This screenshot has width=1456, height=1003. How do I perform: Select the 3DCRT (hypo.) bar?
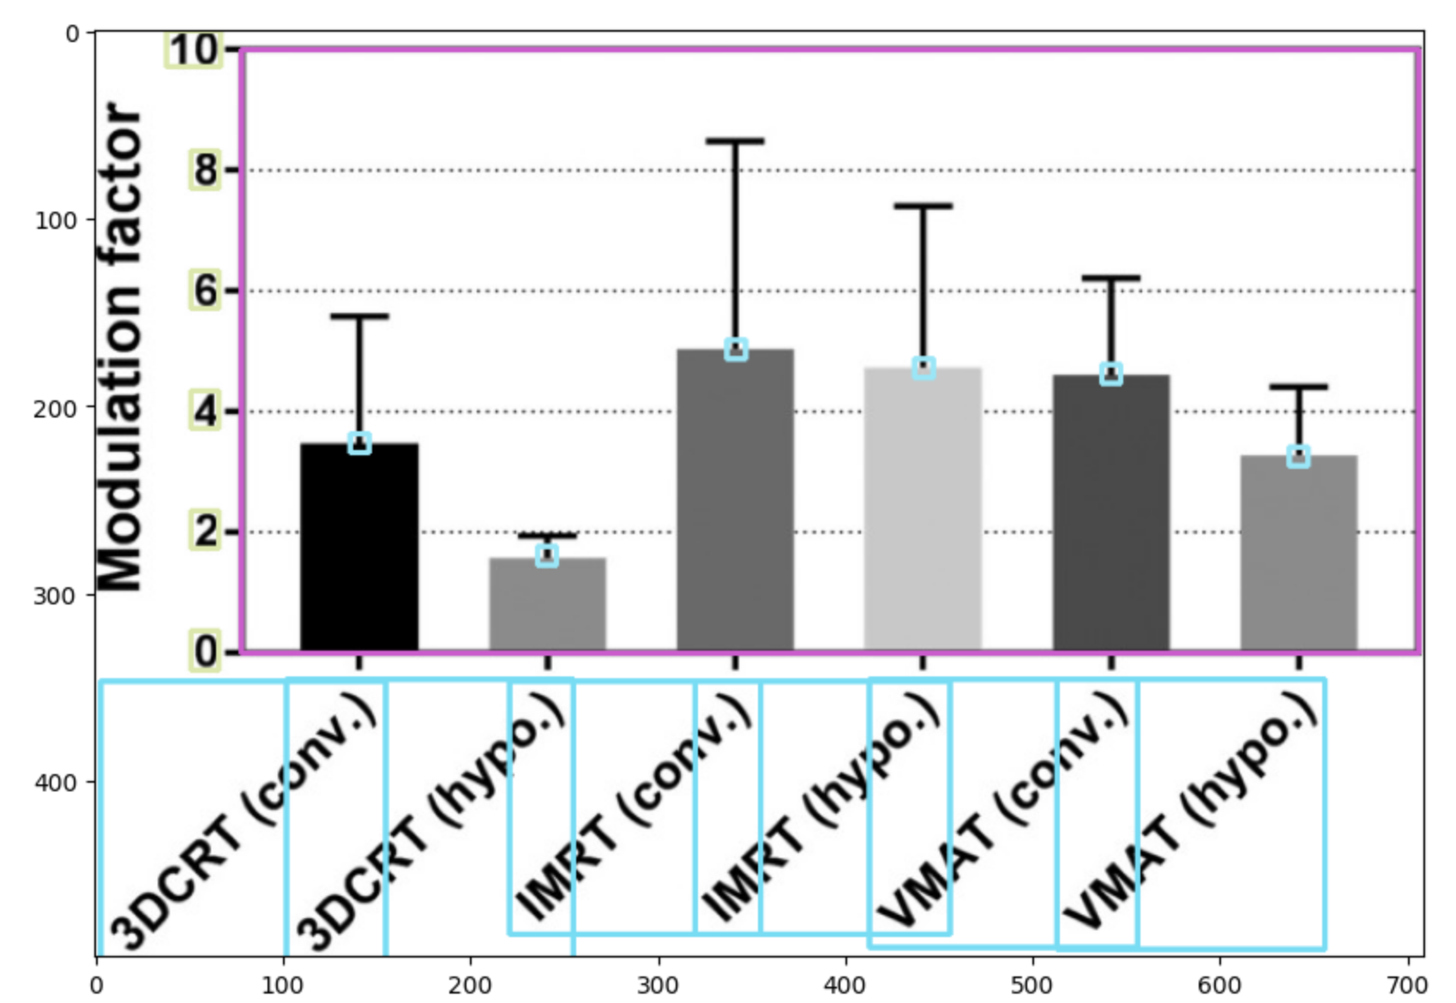pos(547,604)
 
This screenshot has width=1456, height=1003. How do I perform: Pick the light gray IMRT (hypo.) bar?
pos(923,509)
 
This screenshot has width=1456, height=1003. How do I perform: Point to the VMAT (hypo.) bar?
pos(1298,553)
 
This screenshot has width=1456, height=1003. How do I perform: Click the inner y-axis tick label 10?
pos(194,50)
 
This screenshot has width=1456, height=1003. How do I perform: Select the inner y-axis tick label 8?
pos(205,170)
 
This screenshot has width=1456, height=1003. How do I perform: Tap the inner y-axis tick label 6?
pos(205,291)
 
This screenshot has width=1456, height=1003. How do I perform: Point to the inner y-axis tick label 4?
pos(205,411)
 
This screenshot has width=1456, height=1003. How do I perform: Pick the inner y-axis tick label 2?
pos(205,532)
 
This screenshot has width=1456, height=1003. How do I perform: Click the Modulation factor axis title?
pos(120,347)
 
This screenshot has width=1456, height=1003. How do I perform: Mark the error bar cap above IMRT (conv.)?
pos(735,141)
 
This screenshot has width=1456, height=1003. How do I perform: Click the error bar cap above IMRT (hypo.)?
pos(923,206)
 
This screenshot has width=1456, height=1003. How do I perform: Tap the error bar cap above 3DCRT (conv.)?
pos(359,316)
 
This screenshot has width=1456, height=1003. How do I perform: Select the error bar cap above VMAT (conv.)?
pos(1110,278)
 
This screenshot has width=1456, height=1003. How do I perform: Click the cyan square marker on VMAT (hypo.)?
pos(1298,456)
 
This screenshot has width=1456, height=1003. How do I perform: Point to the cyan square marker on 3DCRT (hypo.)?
pos(547,555)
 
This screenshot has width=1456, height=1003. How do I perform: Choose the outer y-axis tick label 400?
pos(56,782)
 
